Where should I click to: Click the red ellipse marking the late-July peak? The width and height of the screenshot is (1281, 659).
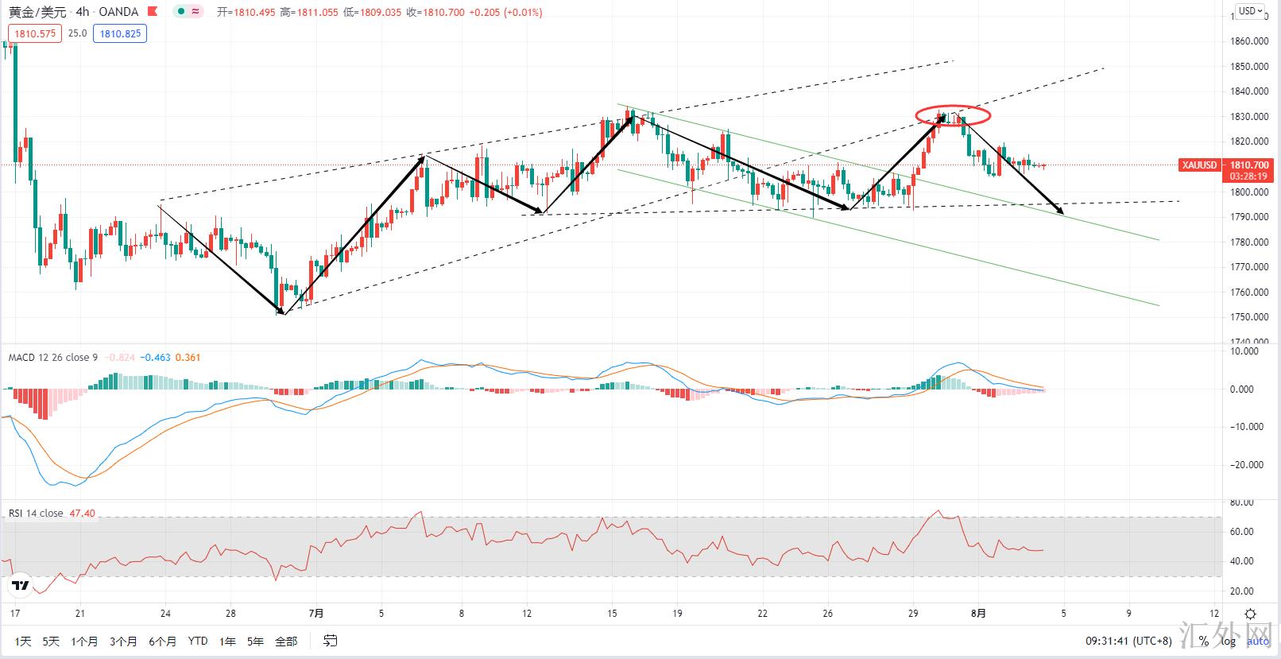[953, 115]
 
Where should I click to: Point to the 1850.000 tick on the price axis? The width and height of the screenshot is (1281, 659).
[1248, 67]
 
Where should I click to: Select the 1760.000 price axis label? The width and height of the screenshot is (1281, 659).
[1248, 293]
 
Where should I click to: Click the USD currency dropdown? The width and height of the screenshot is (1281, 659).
[1248, 11]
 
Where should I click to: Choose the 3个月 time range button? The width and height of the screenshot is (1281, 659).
[123, 641]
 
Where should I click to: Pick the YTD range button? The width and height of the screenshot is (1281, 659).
[198, 641]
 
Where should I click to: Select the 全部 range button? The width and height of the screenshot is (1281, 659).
[286, 641]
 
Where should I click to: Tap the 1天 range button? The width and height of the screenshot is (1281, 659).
[23, 641]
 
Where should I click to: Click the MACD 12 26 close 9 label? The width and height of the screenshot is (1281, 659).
[52, 358]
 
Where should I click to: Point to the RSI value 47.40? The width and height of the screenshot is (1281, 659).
[82, 514]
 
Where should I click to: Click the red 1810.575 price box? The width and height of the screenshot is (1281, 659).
[35, 33]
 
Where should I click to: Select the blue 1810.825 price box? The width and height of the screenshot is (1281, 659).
[120, 33]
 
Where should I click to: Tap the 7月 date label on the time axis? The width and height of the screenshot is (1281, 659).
[316, 613]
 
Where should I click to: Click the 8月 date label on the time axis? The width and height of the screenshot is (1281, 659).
[979, 613]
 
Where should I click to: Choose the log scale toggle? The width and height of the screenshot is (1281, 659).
[1229, 641]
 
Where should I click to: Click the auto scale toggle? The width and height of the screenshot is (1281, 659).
[1257, 641]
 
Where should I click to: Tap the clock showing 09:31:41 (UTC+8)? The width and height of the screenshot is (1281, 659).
[1128, 641]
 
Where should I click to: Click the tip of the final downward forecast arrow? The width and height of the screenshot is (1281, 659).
[1062, 213]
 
